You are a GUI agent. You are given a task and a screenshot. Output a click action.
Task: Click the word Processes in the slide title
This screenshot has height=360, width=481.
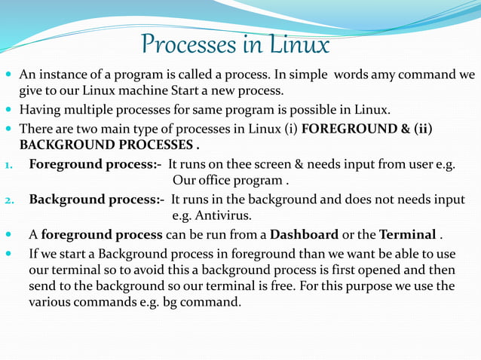(x=186, y=45)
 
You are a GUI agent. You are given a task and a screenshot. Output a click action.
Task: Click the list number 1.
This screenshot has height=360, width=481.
(x=8, y=165)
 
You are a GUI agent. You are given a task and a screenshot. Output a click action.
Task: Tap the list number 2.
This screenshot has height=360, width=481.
(x=8, y=200)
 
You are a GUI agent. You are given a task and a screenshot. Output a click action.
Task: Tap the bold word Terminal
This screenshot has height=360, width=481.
(x=407, y=234)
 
